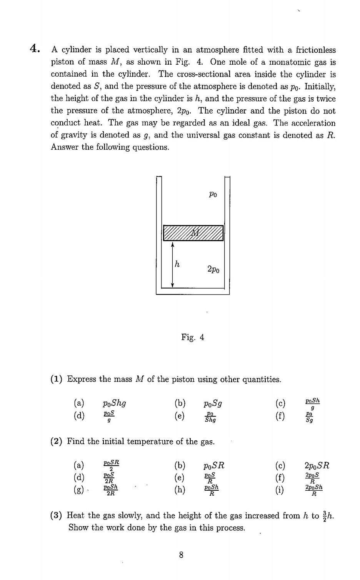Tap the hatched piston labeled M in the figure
coord(193,233)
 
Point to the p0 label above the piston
coord(213,194)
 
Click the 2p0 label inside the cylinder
coord(213,269)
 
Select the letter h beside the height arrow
coord(177,264)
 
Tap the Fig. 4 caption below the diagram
coord(193,338)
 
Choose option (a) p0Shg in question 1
coord(114,403)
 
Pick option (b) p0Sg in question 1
coord(213,403)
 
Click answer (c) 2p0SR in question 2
coord(317,465)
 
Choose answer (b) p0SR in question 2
coord(214,465)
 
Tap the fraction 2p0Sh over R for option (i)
coord(313,490)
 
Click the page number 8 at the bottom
coord(181,555)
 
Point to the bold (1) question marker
coord(57,379)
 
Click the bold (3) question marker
coord(57,515)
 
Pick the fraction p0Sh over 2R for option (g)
coord(110,490)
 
